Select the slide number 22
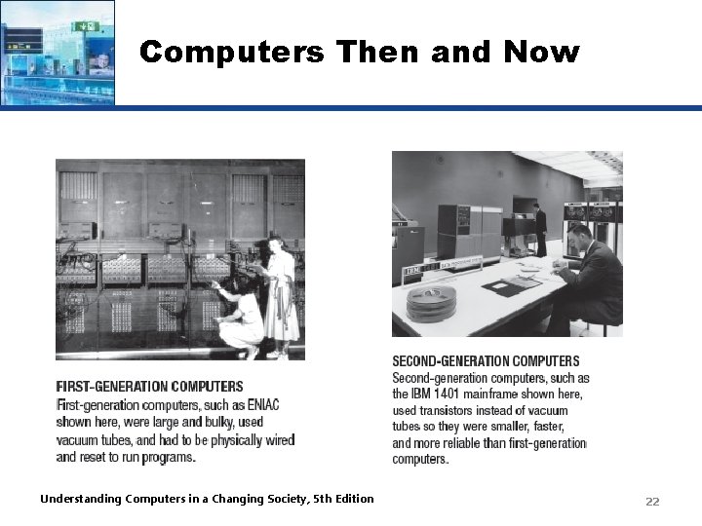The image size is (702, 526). coord(652,501)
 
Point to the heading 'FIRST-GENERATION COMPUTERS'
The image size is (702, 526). coord(149,387)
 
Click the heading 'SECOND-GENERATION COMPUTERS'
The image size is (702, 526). coord(486,361)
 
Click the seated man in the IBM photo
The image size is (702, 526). coord(590,278)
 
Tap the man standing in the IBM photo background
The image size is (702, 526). coord(539,229)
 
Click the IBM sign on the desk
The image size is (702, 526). coord(414,269)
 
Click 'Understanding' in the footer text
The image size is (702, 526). coord(82,499)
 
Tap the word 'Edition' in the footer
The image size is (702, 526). coord(353,499)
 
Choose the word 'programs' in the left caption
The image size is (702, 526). coord(169,457)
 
